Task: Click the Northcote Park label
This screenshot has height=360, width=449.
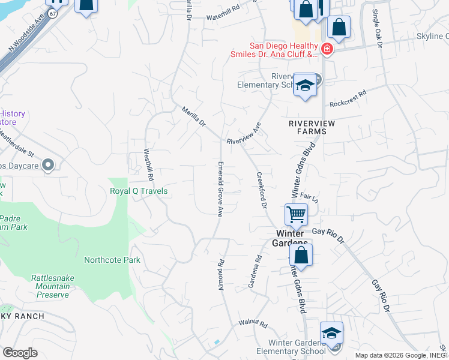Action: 112,260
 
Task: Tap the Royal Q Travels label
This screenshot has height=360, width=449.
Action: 139,191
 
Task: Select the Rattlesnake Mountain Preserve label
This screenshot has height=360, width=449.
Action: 51,286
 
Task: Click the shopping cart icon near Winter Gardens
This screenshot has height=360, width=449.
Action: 296,214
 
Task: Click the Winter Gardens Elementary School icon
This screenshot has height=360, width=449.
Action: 332,334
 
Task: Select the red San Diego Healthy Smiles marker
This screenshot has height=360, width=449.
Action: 327,49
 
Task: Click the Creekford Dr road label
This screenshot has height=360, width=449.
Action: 261,190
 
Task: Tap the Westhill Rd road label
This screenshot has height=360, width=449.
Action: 148,166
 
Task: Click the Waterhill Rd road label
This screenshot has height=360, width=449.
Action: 223,17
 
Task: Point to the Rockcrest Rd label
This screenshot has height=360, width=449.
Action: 348,97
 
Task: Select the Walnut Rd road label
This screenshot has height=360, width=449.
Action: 253,323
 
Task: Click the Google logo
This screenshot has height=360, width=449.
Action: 20,353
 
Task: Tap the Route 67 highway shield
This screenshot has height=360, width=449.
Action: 53,13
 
